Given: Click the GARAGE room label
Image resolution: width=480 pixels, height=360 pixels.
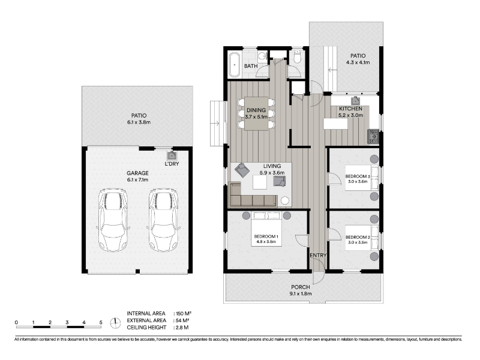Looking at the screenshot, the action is tap(138, 173).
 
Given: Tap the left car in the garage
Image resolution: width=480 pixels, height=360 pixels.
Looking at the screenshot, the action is tap(113, 220).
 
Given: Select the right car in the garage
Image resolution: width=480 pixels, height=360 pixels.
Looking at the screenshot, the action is tap(163, 220).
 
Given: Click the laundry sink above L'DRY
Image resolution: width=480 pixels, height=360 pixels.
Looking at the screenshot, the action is tap(172, 155).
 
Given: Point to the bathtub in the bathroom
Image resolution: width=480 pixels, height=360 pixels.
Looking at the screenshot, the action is tap(235, 65).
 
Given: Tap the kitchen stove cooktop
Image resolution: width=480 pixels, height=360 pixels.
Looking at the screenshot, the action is tap(373, 137).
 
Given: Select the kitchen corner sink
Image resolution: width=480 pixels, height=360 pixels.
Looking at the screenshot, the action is tap(355, 101).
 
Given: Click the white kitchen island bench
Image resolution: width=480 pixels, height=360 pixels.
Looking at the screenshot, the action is tap(335, 124).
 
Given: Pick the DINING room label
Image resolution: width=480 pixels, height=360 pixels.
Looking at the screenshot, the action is tap(256, 110).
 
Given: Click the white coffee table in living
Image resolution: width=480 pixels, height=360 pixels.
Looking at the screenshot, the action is tap(260, 182).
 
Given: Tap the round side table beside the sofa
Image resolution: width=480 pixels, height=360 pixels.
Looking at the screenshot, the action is tap(285, 201).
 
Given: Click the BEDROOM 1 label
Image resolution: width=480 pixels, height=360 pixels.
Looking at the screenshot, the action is tap(266, 236).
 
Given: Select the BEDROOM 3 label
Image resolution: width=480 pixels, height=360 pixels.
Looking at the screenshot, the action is tap(358, 176).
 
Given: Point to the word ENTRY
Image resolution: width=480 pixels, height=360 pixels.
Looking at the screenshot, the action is tap(319, 256).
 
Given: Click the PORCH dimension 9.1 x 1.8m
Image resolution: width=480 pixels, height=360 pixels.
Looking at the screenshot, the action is tap(301, 294).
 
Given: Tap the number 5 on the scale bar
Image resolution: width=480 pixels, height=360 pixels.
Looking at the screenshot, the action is tap(101, 322).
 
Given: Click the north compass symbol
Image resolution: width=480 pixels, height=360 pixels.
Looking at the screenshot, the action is tap(115, 323).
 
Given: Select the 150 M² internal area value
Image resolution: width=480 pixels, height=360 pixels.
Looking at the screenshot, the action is tap(184, 313).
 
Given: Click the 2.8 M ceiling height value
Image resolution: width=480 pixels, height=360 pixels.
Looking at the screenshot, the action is tap(182, 328).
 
